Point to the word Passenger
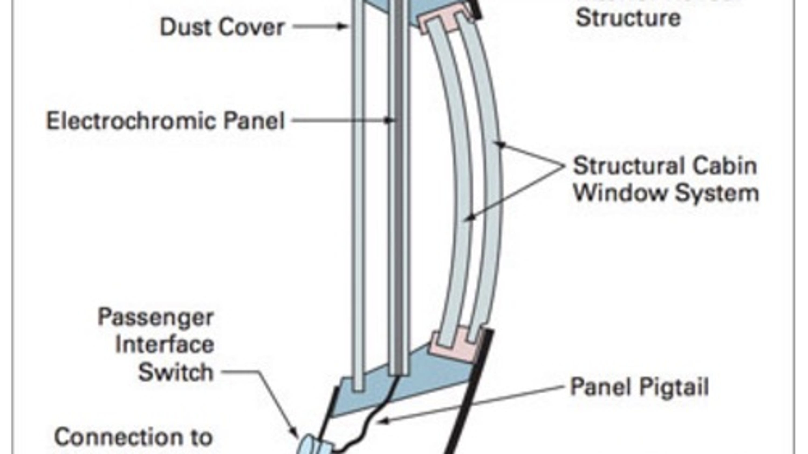156,317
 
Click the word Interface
165,345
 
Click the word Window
621,193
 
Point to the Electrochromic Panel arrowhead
389,120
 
